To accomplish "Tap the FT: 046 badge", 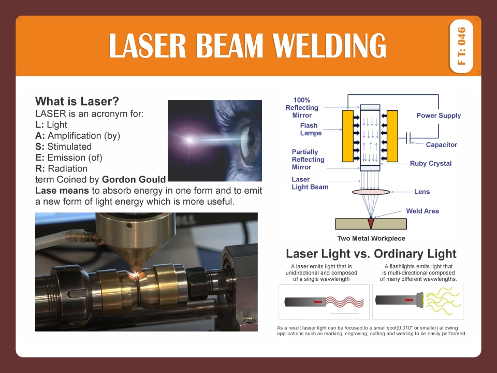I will (x=462, y=46).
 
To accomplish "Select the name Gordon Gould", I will (x=134, y=180).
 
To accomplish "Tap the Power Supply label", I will (x=438, y=116).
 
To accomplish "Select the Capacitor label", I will (x=441, y=145).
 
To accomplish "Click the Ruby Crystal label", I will (x=431, y=164).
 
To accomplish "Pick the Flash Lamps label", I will (x=311, y=130).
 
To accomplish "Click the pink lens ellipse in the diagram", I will (x=371, y=192).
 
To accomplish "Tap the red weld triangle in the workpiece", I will (x=371, y=223).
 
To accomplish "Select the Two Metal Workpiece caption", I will (x=371, y=239).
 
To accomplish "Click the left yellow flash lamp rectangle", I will (x=347, y=136).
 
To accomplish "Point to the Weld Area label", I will (x=422, y=211).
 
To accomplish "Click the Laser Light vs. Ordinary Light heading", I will (x=371, y=254).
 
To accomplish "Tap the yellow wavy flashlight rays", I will (x=440, y=302).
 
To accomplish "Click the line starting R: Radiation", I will (x=61, y=168).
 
